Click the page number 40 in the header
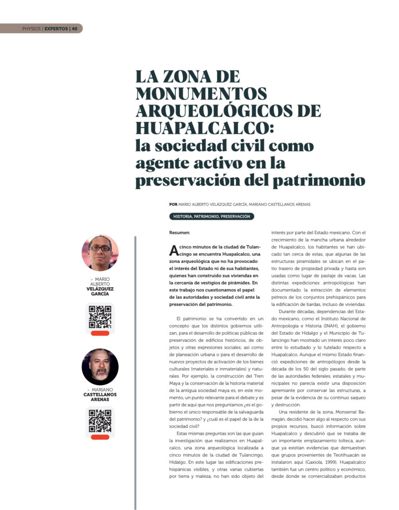tap(75, 28)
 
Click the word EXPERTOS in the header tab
tap(56, 28)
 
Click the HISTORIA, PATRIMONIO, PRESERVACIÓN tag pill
tap(212, 217)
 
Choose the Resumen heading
tap(179, 232)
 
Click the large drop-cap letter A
tap(173, 250)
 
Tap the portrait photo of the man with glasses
tap(100, 253)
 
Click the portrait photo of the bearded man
tap(100, 367)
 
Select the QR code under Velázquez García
tap(100, 317)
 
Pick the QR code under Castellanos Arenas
tap(100, 421)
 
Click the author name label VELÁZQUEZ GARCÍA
tap(100, 291)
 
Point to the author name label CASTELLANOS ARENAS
tap(100, 397)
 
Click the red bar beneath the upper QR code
tap(100, 333)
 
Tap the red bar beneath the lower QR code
tap(100, 437)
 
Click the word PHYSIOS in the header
tap(31, 28)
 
